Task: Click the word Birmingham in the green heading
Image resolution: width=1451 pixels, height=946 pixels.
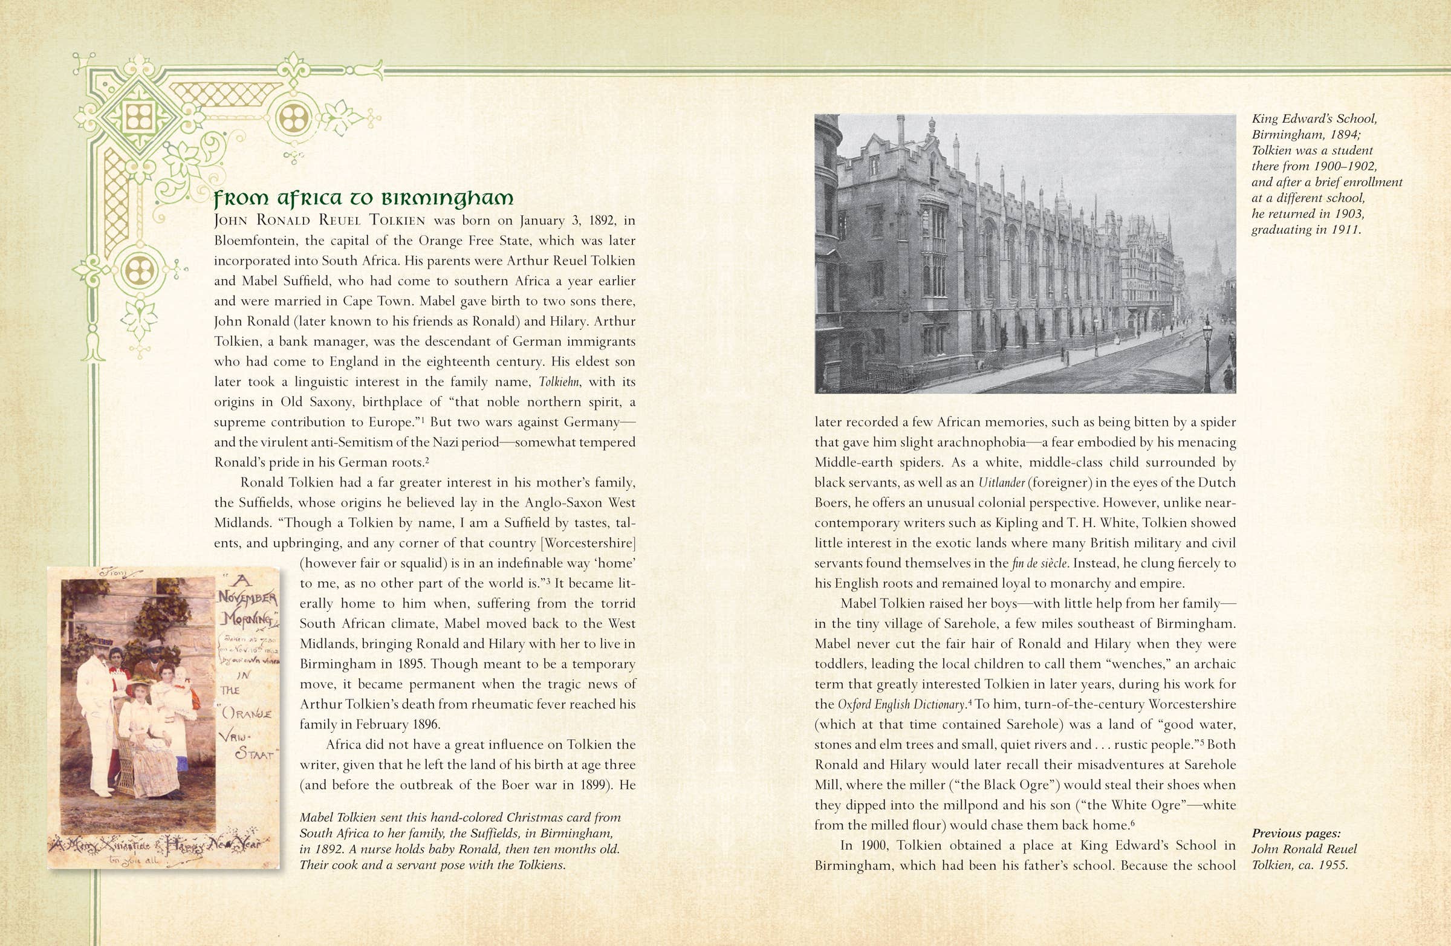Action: [x=447, y=199]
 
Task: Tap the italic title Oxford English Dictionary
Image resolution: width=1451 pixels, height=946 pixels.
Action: [x=901, y=705]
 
